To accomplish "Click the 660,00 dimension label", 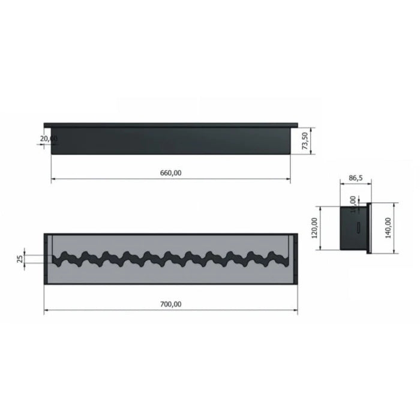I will point(170,173).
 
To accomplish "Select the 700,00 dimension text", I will point(170,304).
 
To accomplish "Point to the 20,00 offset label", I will point(49,139).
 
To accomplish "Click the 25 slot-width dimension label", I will point(20,259).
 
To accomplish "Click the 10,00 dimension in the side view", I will point(352,200).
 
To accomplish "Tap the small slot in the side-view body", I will point(356,227).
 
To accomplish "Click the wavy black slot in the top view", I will point(171,259).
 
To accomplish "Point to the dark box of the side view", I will point(354,228).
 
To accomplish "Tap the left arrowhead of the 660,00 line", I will point(53,179).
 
